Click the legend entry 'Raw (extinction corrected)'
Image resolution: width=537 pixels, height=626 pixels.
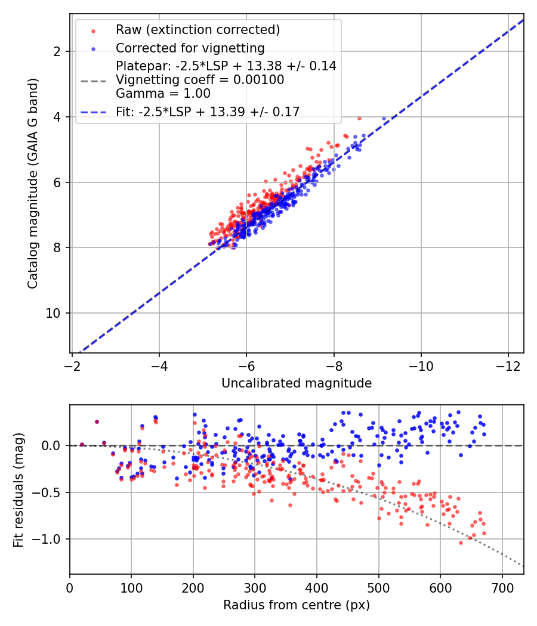point(197,30)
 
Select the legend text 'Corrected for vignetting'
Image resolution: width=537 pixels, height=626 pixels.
point(190,48)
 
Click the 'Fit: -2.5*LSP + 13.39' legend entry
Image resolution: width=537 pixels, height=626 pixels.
point(208,112)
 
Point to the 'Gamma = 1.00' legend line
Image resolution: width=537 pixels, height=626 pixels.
point(163,94)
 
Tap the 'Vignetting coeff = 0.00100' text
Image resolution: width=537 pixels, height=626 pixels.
point(200,80)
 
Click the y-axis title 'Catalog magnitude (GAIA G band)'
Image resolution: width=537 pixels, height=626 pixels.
point(33,183)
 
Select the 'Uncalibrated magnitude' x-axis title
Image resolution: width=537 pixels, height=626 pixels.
point(297,383)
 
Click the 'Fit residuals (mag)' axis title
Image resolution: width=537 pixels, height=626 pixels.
point(18,489)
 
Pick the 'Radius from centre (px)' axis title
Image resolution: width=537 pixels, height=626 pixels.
point(297,605)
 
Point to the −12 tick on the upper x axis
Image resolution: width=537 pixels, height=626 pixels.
point(508,366)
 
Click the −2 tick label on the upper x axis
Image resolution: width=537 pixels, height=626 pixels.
point(72,366)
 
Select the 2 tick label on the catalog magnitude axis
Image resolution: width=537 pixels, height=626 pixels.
point(57,51)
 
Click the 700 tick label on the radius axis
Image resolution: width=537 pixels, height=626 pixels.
point(502,588)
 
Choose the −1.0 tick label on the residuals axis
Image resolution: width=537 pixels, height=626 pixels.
point(46,540)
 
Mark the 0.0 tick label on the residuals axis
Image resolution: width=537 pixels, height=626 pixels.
point(51,445)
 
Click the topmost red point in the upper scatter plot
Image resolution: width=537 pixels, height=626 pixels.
point(359,118)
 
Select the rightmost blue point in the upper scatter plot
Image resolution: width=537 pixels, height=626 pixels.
point(384,119)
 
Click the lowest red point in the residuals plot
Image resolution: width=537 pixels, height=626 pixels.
point(461,543)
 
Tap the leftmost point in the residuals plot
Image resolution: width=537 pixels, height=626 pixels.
point(82,445)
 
